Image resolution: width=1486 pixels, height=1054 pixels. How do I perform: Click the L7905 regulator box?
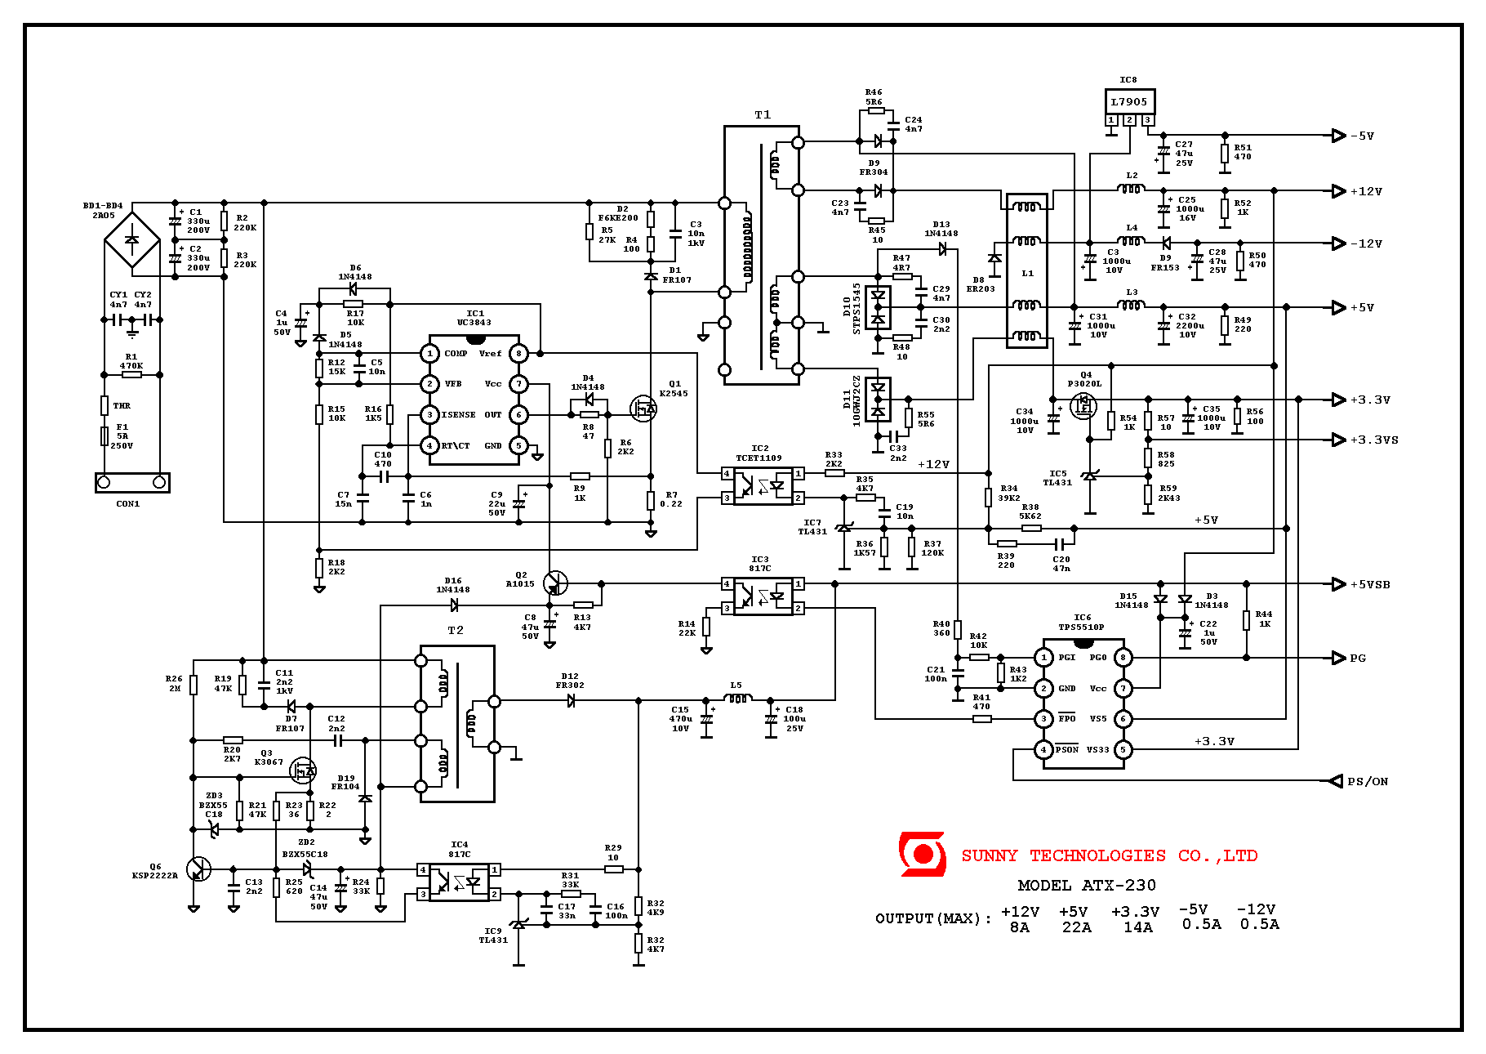click(x=1129, y=102)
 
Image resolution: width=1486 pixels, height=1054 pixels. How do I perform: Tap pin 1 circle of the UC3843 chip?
click(x=429, y=354)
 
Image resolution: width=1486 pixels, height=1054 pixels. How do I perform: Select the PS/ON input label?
click(x=1368, y=782)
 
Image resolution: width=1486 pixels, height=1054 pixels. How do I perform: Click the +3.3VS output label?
click(x=1374, y=440)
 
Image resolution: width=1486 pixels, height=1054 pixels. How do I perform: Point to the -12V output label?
click(x=1366, y=244)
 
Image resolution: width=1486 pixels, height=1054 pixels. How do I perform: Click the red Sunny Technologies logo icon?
click(x=923, y=854)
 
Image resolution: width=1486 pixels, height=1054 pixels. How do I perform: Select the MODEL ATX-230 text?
click(x=1087, y=885)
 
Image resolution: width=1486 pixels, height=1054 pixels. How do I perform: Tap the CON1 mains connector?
click(x=131, y=483)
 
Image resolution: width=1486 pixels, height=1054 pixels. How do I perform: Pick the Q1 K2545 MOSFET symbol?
click(x=643, y=409)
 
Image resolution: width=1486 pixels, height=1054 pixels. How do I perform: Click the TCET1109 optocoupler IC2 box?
click(x=763, y=485)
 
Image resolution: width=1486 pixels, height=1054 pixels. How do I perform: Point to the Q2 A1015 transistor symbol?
click(x=555, y=583)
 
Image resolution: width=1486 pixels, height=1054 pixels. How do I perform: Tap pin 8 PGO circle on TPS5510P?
click(x=1123, y=658)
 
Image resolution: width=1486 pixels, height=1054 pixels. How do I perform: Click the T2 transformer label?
click(x=456, y=631)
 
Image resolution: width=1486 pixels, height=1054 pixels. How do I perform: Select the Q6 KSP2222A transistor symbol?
click(x=198, y=869)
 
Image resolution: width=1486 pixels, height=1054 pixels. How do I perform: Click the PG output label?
click(x=1358, y=659)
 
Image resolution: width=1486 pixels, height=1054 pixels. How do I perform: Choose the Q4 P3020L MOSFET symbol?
click(x=1083, y=405)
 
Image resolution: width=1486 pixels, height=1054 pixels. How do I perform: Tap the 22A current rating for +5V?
click(x=1076, y=927)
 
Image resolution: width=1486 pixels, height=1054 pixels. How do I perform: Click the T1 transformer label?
click(x=763, y=115)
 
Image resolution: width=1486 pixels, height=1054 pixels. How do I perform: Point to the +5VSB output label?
click(x=1370, y=585)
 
